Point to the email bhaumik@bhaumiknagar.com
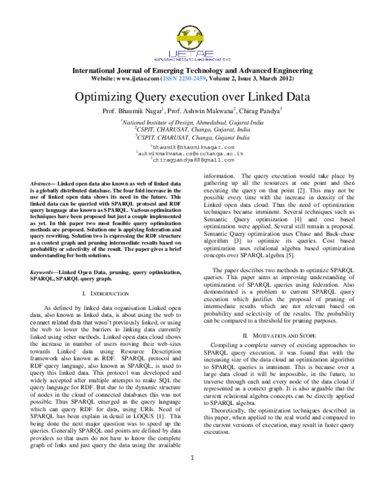coord(193,148)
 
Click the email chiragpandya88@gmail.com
coord(193,160)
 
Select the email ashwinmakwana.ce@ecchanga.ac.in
coord(193,154)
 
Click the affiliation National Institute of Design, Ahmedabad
coord(193,121)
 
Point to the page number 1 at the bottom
coord(193,475)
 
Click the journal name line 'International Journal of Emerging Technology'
coord(193,70)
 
